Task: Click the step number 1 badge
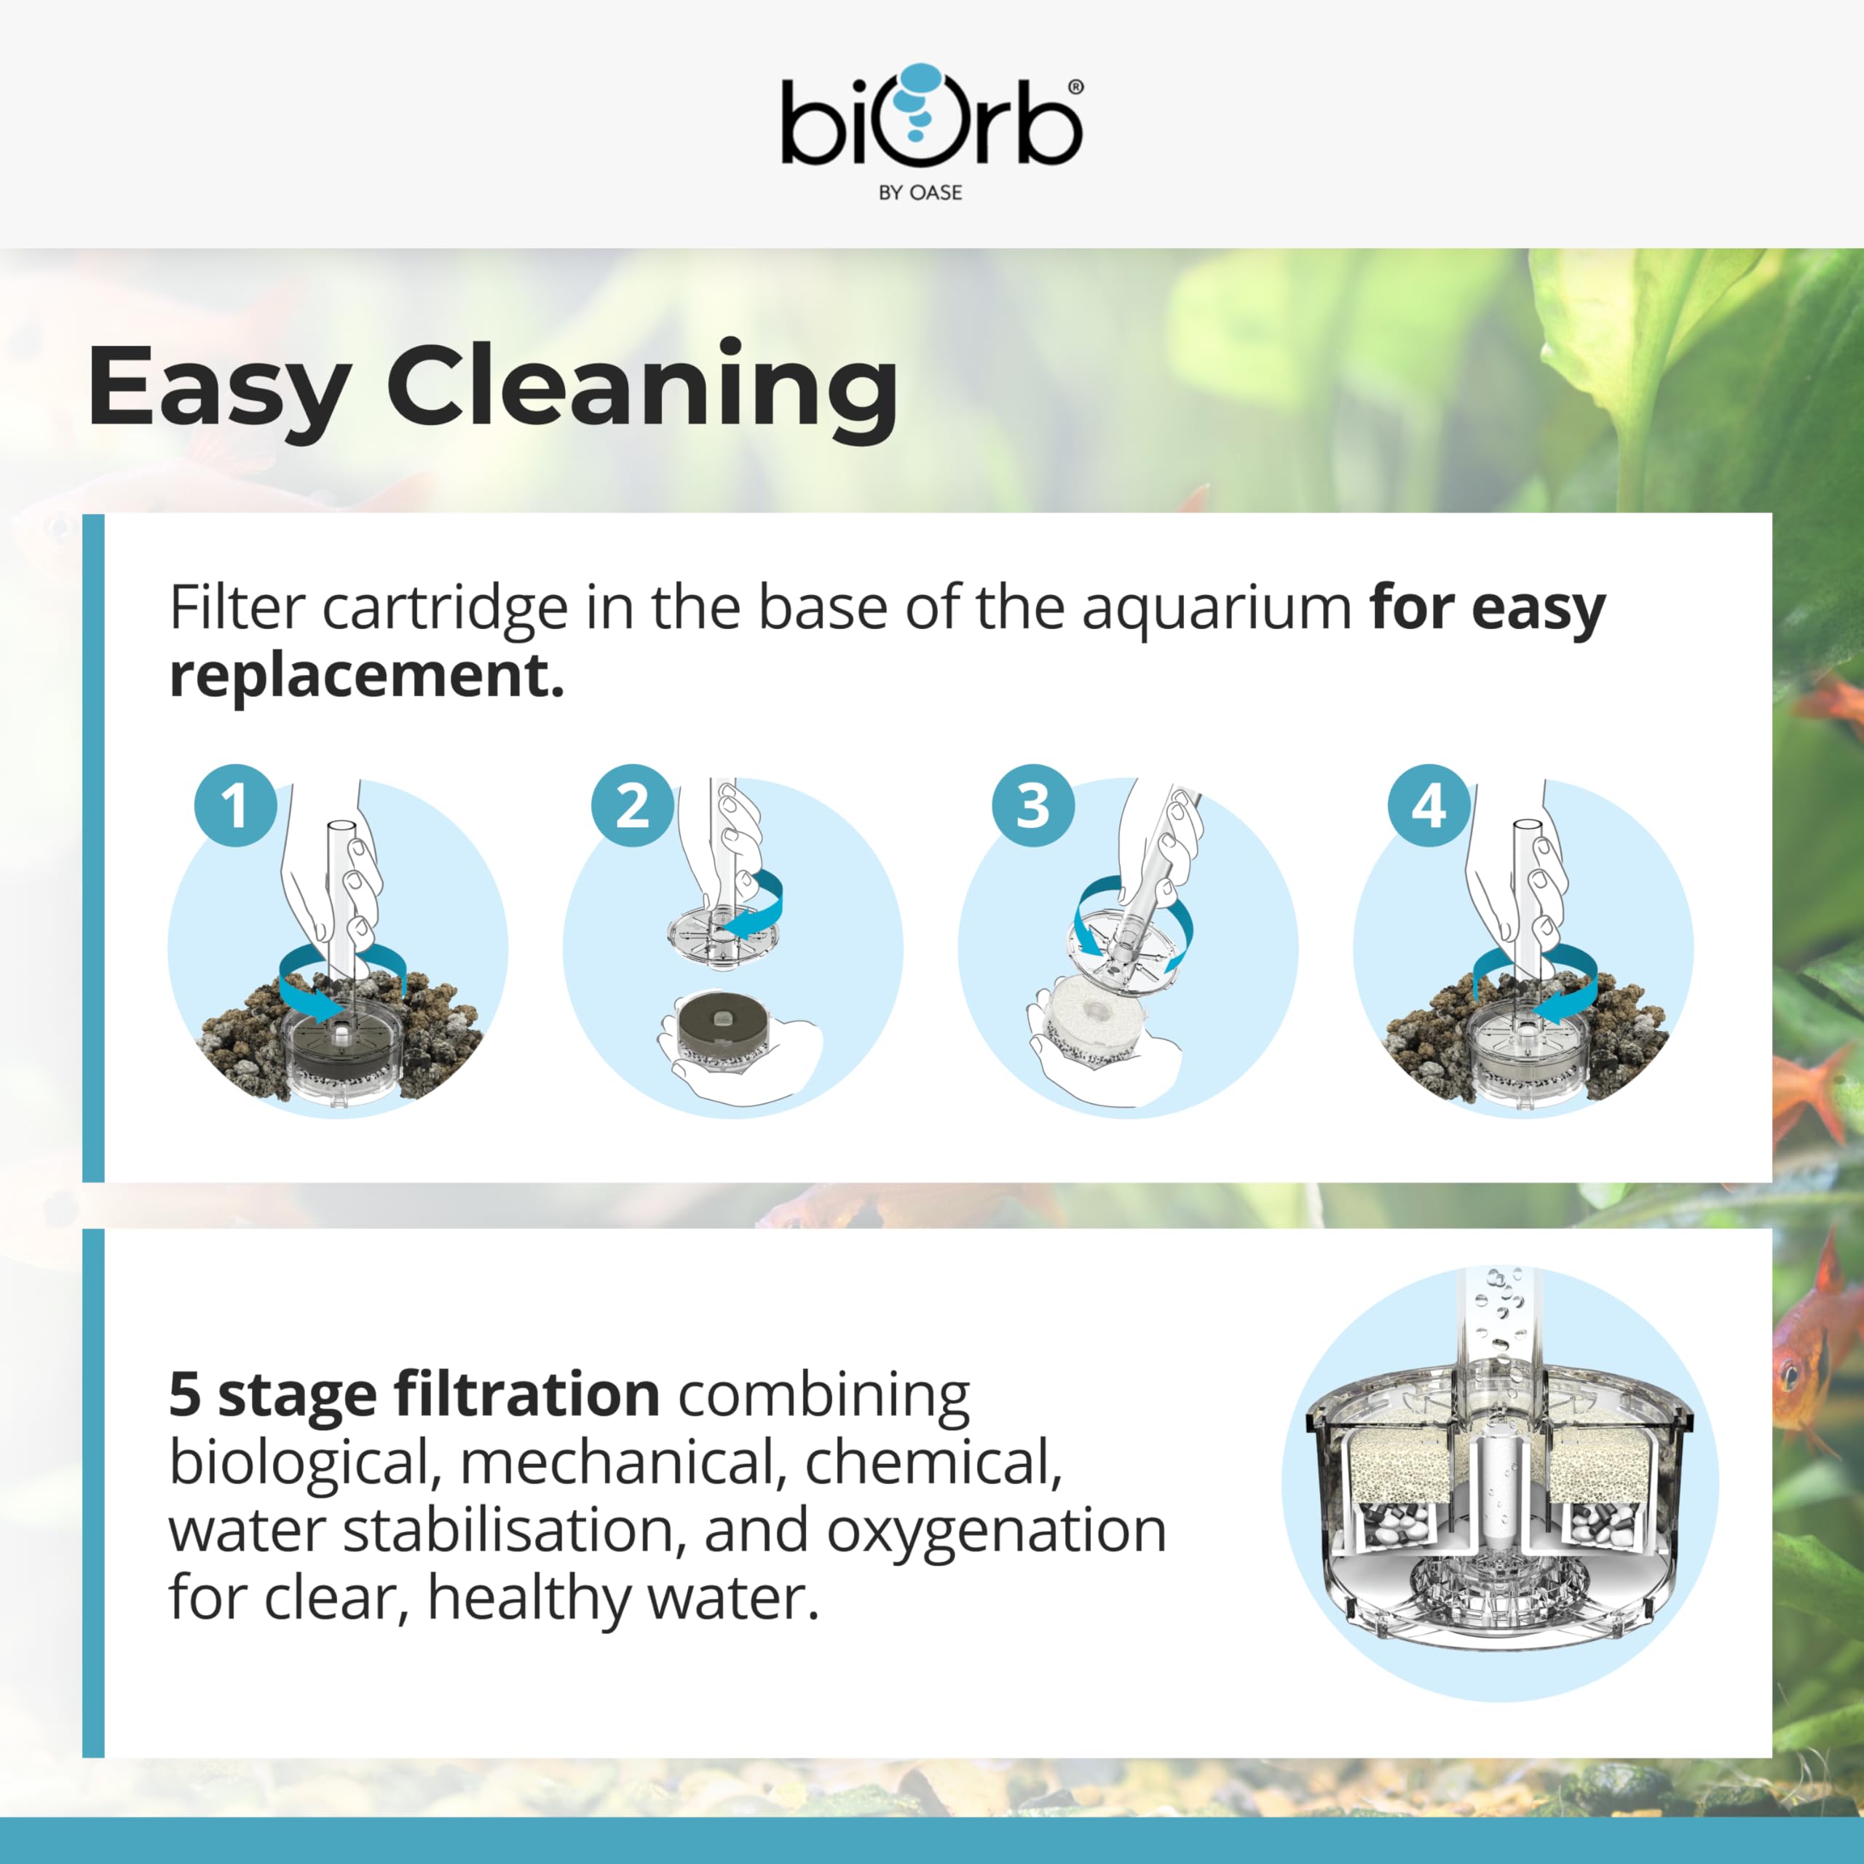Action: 235,805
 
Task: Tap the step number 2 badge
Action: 632,805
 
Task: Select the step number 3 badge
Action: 1032,805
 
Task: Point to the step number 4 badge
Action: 1429,805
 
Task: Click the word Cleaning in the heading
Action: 642,388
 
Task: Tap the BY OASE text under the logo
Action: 920,193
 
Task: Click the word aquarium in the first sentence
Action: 1217,609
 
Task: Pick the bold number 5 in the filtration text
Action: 185,1395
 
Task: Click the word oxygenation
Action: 997,1532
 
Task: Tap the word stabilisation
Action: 514,1531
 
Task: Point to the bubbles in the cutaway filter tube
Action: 1498,1313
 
